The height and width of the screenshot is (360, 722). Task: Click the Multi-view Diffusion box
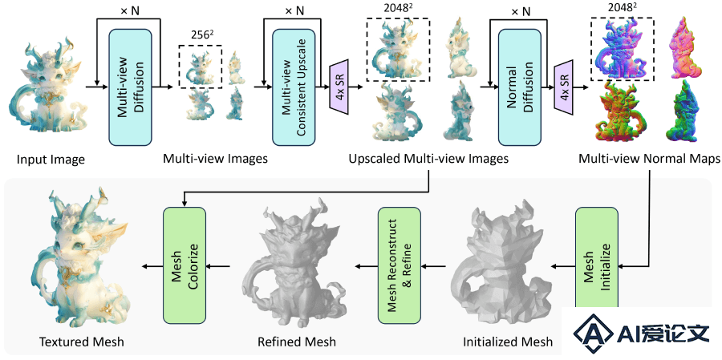130,87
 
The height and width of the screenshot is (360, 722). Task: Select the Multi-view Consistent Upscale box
294,87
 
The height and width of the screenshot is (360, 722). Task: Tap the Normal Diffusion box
519,87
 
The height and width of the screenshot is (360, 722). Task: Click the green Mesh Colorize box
185,265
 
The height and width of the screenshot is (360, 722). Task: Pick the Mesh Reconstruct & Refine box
400,265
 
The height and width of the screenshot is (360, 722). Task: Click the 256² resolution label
201,36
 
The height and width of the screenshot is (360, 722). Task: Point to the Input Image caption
51,160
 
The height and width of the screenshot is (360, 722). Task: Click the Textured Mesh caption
82,342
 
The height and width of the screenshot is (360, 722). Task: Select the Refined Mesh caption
297,342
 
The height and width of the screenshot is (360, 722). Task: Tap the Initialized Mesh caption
508,342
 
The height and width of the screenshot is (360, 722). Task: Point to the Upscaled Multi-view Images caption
428,160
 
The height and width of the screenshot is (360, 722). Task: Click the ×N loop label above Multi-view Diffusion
130,10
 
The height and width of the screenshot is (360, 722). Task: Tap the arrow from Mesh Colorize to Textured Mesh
152,265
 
